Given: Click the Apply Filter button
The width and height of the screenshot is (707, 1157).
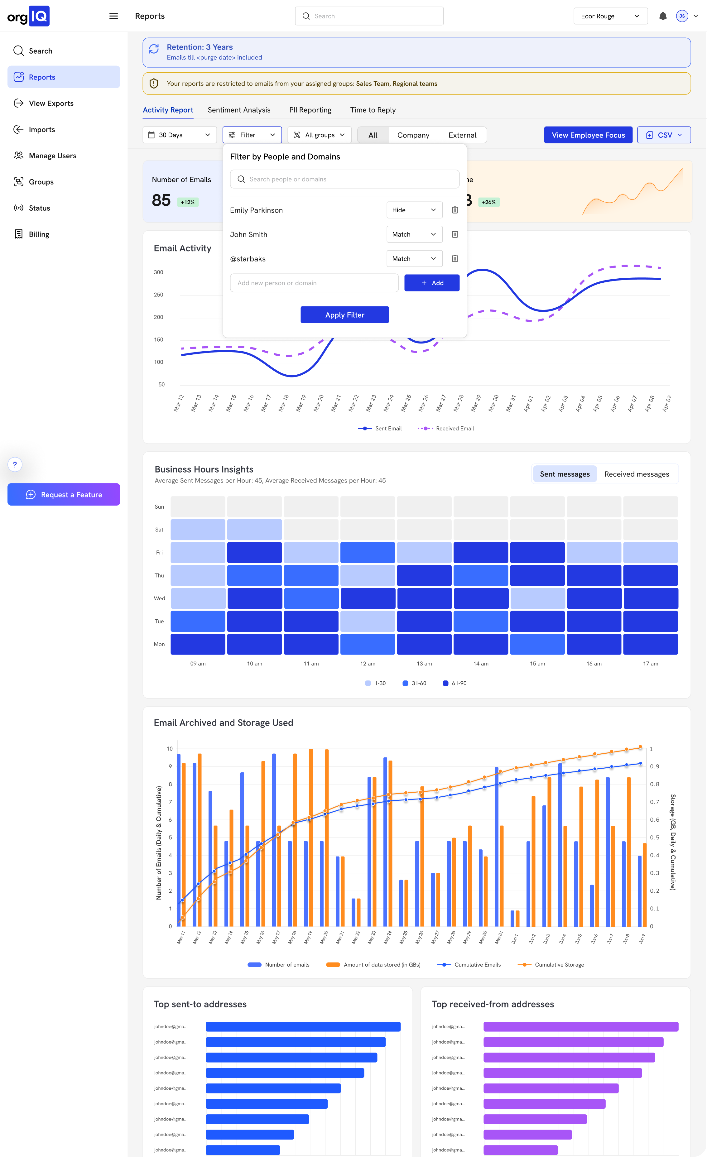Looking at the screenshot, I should pos(344,314).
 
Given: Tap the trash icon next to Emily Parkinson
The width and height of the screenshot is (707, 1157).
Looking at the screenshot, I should pos(455,210).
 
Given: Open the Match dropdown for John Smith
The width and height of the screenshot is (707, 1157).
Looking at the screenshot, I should pos(414,234).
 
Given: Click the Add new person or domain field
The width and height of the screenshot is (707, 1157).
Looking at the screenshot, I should pos(314,283).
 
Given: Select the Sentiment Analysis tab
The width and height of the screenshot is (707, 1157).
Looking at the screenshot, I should pos(239,110).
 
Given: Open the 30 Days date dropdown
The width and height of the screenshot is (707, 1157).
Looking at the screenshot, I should pos(179,135).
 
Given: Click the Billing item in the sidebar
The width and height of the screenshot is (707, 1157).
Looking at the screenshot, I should pos(39,234).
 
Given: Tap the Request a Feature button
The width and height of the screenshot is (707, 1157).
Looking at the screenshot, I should pos(64,494).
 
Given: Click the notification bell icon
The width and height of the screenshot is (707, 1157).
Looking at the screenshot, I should pos(663,16).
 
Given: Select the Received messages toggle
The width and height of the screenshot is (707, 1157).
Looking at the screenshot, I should pos(637,474).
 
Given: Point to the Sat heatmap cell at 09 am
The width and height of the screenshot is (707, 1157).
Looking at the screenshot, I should pos(198,529).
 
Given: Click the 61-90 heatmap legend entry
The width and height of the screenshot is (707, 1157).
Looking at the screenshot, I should pos(455,683).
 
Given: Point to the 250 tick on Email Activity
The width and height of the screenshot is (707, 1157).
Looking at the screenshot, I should pos(158,295).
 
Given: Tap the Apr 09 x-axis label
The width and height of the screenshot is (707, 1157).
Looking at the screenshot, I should pos(666,404).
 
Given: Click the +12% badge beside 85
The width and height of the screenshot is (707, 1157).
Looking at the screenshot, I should pos(187,202).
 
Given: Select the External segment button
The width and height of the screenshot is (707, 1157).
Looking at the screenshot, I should pos(462,135).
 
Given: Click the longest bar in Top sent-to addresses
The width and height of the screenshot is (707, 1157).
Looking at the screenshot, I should pos(303,1026).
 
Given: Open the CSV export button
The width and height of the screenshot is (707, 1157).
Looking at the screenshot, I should pos(663,135).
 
